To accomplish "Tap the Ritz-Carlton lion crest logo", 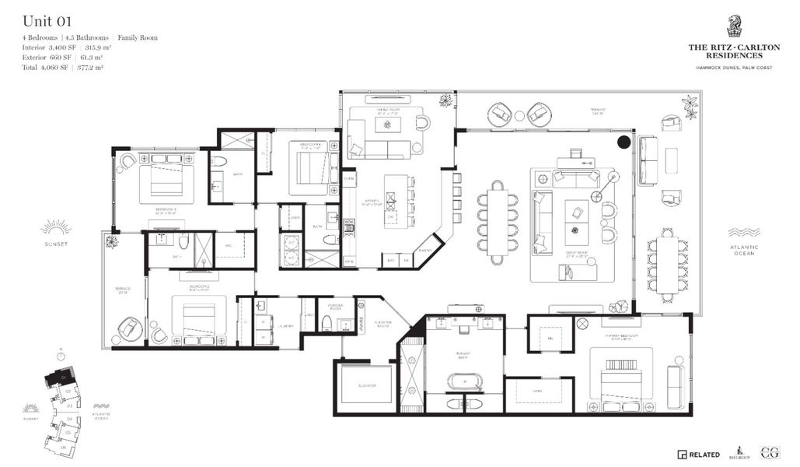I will pyautogui.click(x=733, y=26).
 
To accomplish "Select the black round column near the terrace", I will pyautogui.click(x=624, y=142).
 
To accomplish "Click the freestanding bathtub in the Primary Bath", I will pyautogui.click(x=463, y=381).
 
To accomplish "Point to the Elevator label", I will pyautogui.click(x=367, y=386).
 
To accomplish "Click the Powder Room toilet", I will pyautogui.click(x=327, y=324).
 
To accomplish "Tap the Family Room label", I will pyautogui.click(x=385, y=111).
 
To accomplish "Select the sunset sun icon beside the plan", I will pyautogui.click(x=56, y=227).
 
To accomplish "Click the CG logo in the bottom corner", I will pyautogui.click(x=770, y=452).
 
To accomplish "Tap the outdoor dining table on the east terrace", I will pyautogui.click(x=666, y=265).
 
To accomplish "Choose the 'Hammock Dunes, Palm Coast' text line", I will pyautogui.click(x=733, y=67).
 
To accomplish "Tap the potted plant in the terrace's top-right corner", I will pyautogui.click(x=690, y=105).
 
